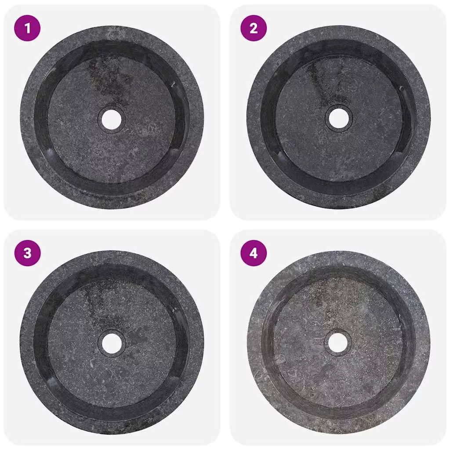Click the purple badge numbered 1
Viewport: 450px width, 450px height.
coord(27,28)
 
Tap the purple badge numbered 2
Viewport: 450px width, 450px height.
coord(254,28)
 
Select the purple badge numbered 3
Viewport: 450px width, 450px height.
coord(27,253)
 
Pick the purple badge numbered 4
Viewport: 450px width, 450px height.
coord(254,253)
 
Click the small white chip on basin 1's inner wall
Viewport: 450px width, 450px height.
coord(173,84)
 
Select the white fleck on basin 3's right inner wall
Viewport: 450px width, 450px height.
coord(173,310)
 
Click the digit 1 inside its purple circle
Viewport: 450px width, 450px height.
coord(27,28)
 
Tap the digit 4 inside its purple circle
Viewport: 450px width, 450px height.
coord(254,253)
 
